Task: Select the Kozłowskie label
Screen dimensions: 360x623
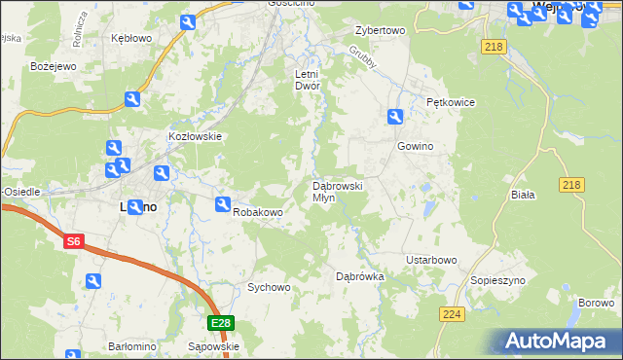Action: click(197, 137)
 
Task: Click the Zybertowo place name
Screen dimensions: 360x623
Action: click(380, 30)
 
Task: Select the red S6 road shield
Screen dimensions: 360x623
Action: click(74, 240)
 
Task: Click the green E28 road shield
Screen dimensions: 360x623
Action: click(220, 323)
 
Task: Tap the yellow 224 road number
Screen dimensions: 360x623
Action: click(452, 313)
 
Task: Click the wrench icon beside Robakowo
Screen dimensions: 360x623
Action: click(222, 205)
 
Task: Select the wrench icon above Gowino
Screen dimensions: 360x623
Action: click(394, 117)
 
